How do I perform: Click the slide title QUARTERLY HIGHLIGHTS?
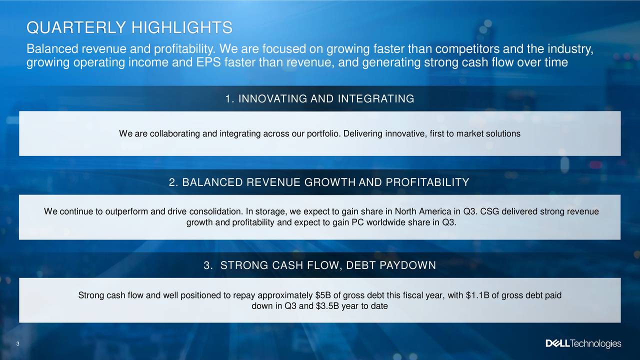coord(129,27)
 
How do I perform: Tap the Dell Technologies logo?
coord(583,343)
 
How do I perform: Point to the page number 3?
coord(17,343)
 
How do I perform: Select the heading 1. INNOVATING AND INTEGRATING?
coord(319,98)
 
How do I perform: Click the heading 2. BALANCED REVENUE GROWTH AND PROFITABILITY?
coord(319,182)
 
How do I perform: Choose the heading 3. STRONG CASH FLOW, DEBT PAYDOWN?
coord(319,265)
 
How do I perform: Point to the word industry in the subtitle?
coord(570,49)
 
